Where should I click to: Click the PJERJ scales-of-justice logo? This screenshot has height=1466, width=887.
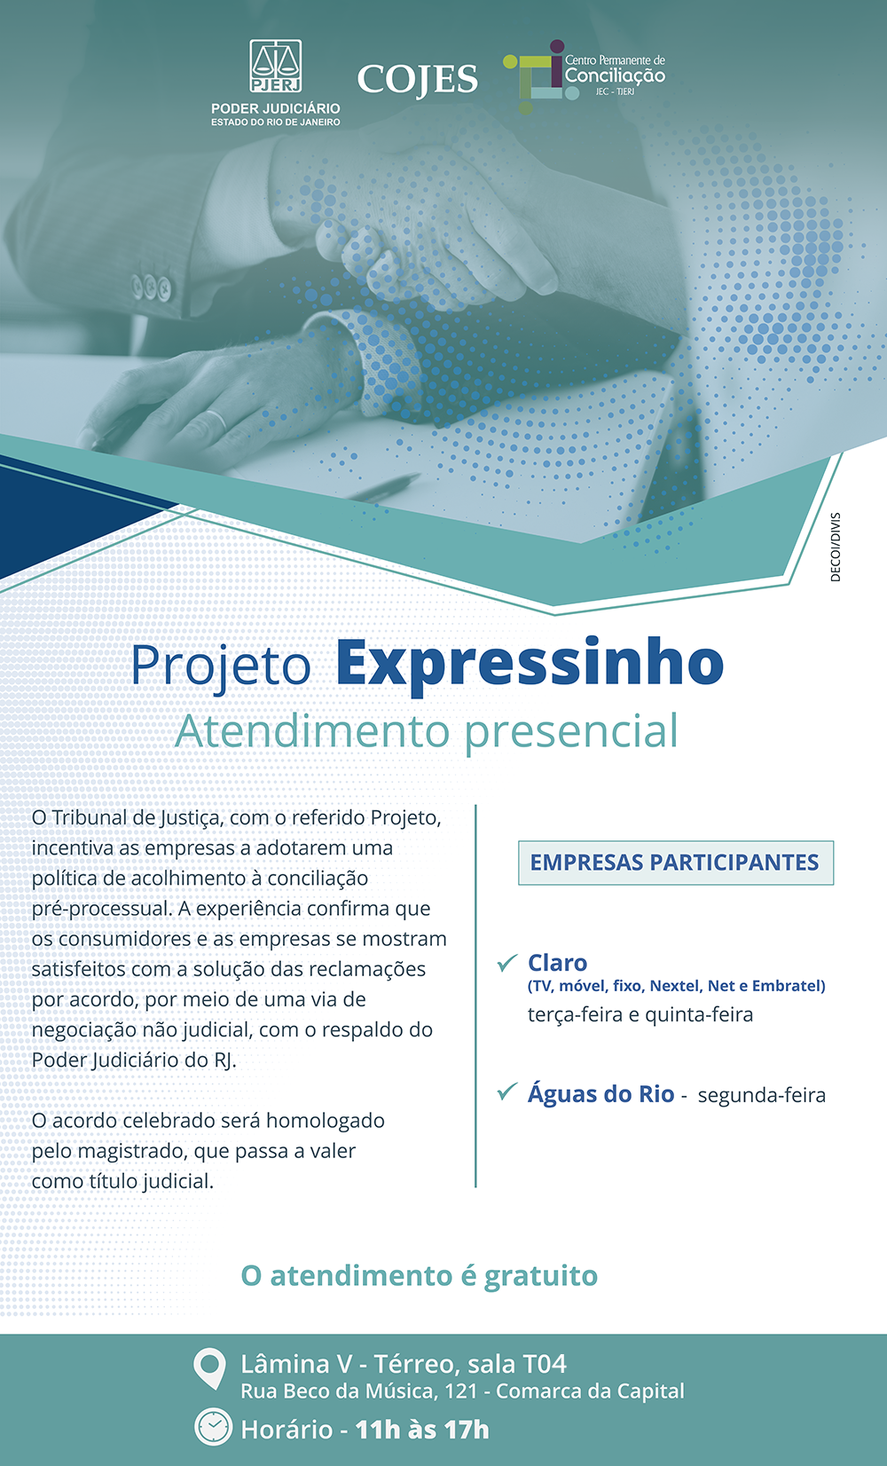(276, 67)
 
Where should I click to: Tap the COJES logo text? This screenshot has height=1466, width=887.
(418, 80)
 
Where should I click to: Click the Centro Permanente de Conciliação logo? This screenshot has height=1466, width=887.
(585, 75)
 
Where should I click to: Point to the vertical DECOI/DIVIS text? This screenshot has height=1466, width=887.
(835, 547)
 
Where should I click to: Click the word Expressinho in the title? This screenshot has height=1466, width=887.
(530, 664)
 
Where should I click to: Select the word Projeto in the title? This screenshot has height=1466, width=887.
(222, 666)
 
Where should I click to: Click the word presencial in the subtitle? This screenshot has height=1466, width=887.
(571, 732)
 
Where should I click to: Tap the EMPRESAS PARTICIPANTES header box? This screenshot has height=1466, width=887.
(675, 863)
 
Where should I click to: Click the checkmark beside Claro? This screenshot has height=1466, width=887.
(507, 963)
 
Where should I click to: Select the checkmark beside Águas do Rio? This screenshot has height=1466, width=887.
(507, 1092)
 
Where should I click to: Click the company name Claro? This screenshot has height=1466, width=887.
(557, 963)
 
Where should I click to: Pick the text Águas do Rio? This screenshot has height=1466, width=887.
(600, 1094)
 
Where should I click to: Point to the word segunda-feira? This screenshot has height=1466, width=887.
(761, 1096)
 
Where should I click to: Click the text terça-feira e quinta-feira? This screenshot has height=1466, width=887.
(640, 1015)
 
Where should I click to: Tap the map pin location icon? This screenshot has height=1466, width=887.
(209, 1368)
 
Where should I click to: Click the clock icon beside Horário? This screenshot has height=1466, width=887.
(213, 1427)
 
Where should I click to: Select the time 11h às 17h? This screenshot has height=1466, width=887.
(422, 1430)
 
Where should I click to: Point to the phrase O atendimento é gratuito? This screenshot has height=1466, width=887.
(420, 1276)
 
